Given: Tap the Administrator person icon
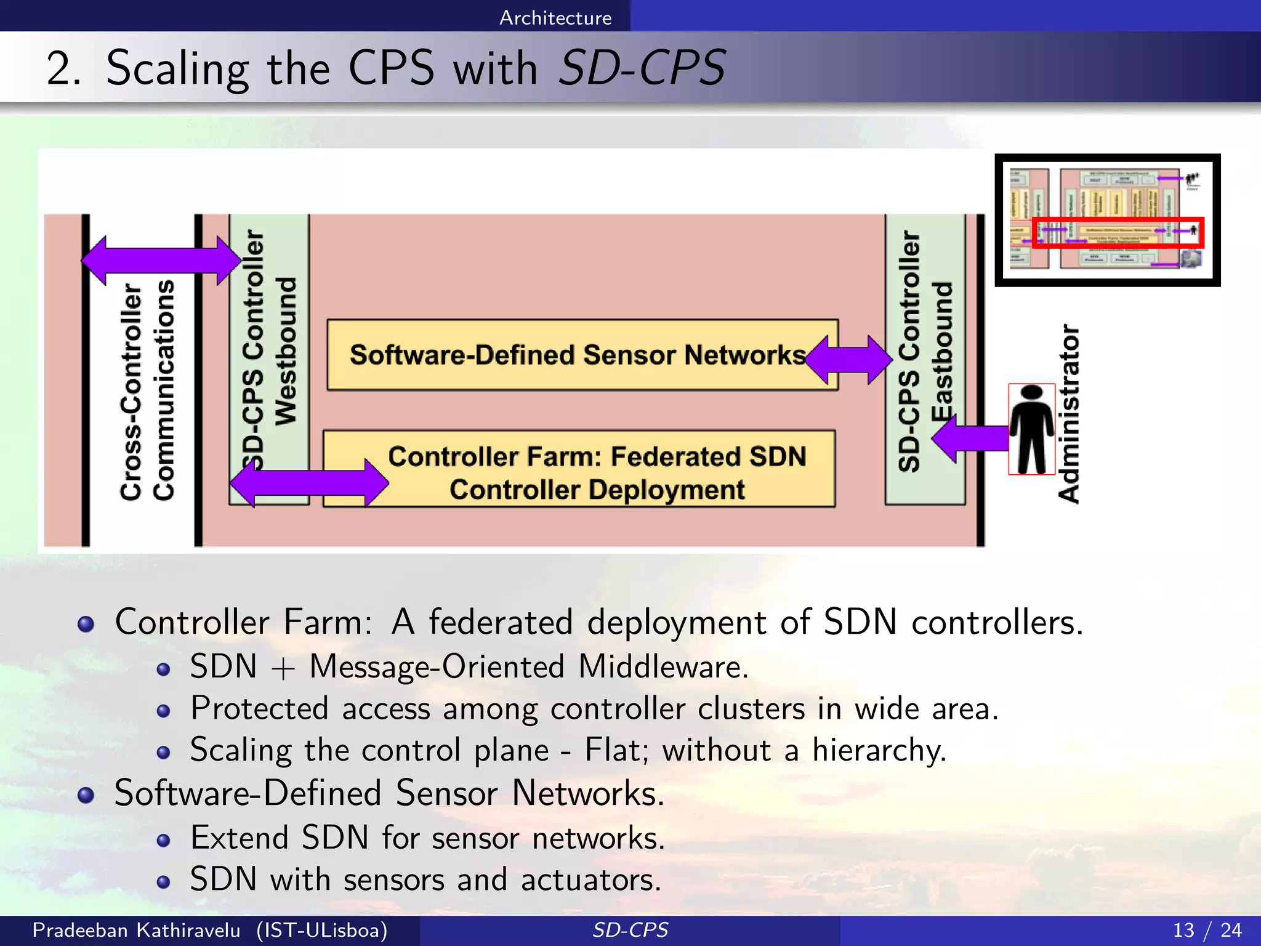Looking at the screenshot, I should click(x=1031, y=430).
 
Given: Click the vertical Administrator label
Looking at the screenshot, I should click(x=1069, y=414).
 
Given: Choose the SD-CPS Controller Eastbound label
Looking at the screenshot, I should click(x=925, y=351).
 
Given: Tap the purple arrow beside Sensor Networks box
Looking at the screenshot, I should click(x=848, y=359).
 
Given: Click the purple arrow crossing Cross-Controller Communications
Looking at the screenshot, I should click(x=160, y=261).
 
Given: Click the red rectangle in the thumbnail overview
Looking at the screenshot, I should click(x=1118, y=232).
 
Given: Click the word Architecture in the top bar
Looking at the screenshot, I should click(x=555, y=17).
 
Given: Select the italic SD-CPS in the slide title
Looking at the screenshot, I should click(x=642, y=68).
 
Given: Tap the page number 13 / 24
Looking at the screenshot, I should click(x=1207, y=930).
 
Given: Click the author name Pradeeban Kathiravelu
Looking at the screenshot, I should click(x=136, y=930).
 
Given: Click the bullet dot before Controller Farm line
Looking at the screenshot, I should click(x=86, y=624).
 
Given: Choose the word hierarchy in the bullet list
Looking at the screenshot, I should click(x=878, y=750).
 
